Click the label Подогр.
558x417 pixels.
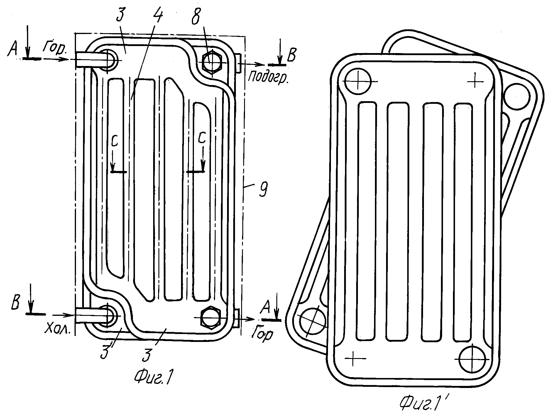[268, 77]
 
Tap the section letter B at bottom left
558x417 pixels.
[15, 304]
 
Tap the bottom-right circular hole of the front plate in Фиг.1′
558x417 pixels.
[473, 359]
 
